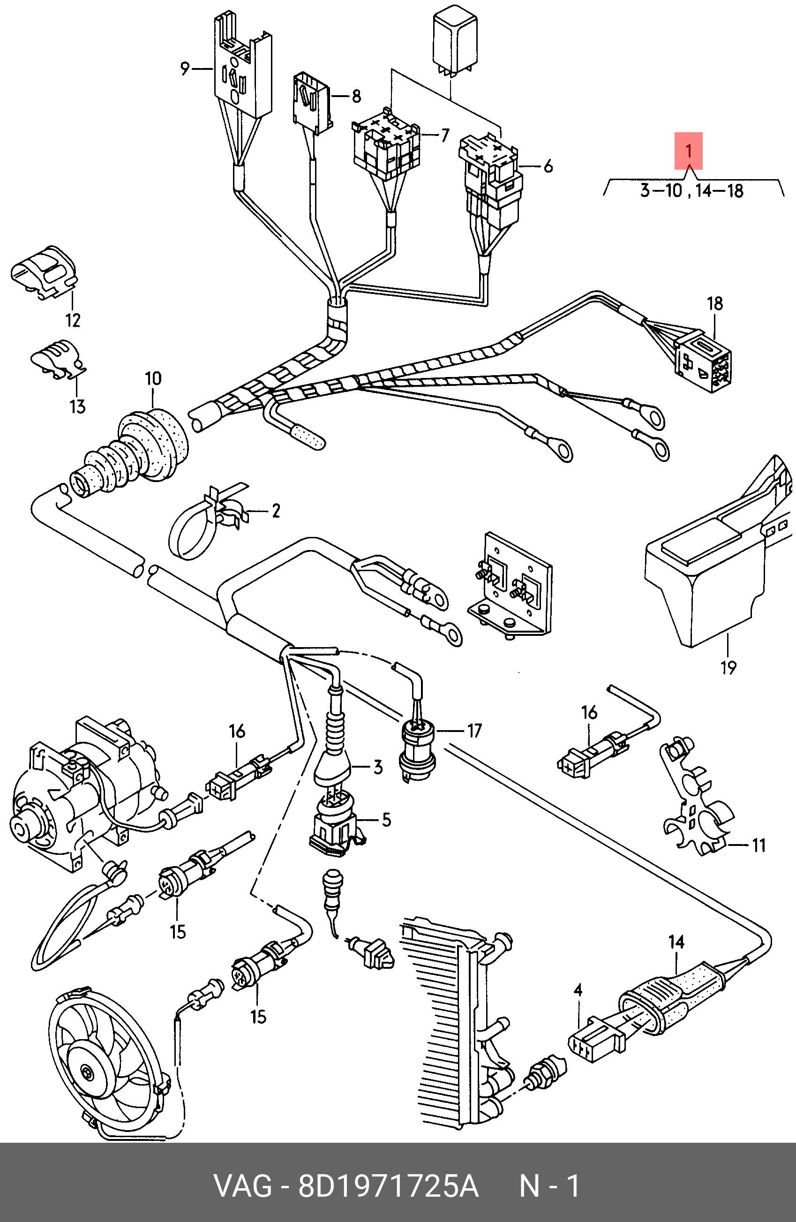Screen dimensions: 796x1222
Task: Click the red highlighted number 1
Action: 688,151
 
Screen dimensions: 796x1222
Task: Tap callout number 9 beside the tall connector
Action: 185,68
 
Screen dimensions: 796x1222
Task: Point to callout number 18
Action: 715,303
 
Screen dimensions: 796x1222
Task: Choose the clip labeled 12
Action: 44,272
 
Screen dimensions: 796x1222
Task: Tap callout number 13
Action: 77,407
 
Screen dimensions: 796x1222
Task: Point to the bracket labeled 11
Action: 692,796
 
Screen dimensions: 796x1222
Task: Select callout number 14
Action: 676,942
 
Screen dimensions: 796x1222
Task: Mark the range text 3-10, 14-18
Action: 691,191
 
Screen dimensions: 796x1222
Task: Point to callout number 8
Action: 356,96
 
